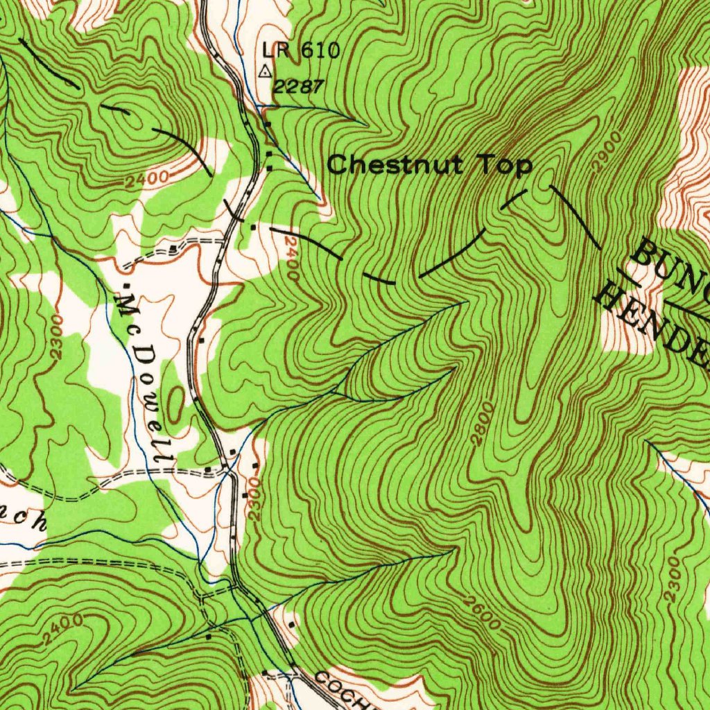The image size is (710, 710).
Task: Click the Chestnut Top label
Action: pyautogui.click(x=429, y=165)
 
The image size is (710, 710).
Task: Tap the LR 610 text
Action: pyautogui.click(x=301, y=51)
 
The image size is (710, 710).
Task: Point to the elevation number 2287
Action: pyautogui.click(x=297, y=87)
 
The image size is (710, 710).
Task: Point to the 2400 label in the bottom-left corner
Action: pyautogui.click(x=62, y=628)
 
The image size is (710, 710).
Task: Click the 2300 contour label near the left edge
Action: pyautogui.click(x=57, y=336)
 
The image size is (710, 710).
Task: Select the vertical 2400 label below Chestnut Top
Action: pyautogui.click(x=291, y=257)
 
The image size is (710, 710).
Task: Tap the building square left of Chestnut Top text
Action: pyautogui.click(x=269, y=167)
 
